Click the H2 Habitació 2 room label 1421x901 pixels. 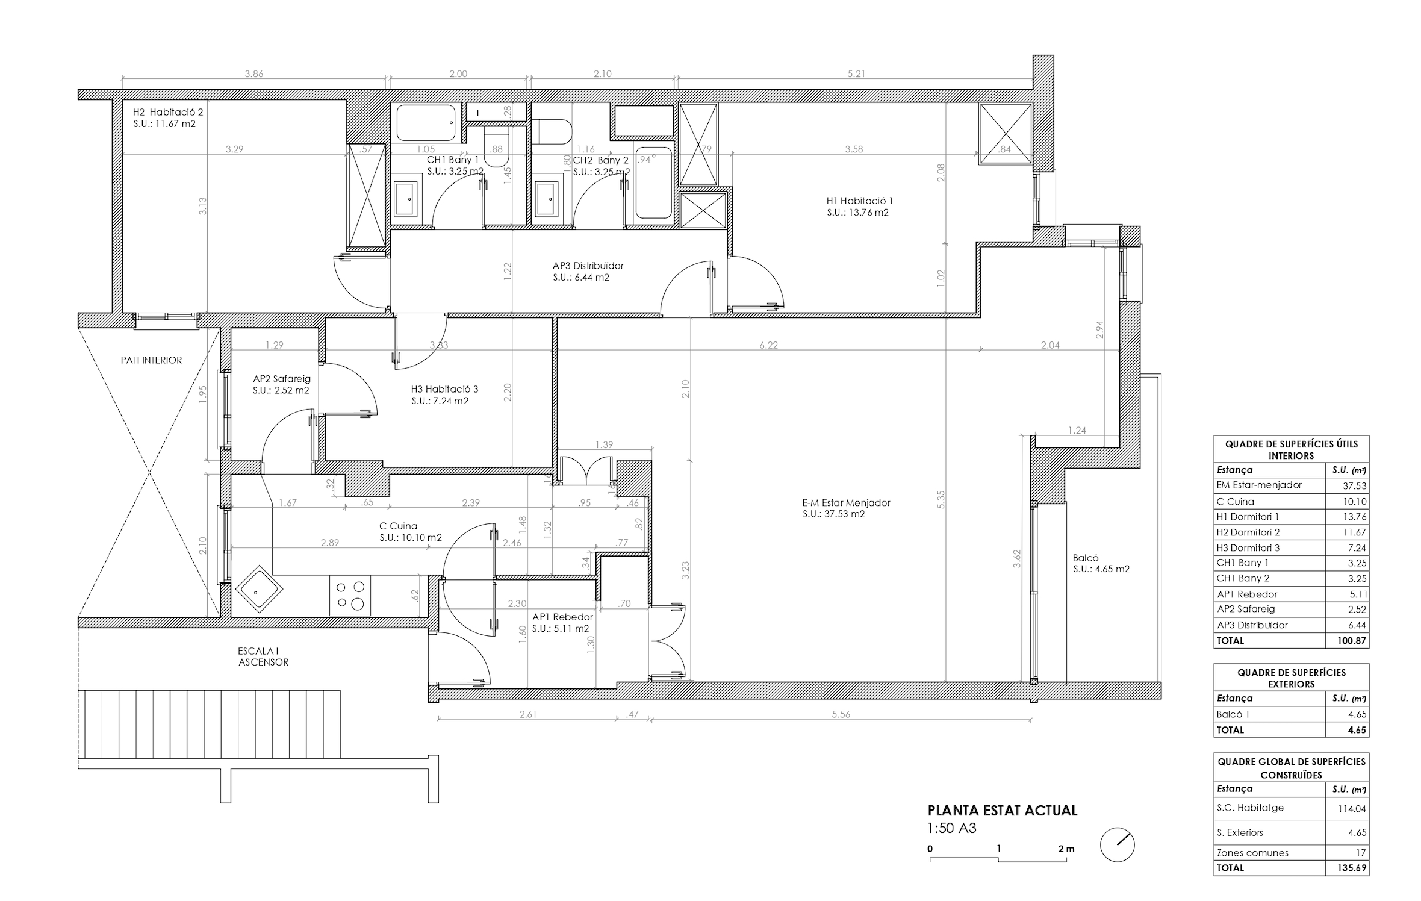pos(168,112)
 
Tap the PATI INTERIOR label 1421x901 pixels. pos(151,360)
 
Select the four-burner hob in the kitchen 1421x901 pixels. pos(350,595)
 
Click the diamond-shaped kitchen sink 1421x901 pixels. pos(259,589)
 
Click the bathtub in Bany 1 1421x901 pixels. pos(426,122)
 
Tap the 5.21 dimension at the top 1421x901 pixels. pos(856,74)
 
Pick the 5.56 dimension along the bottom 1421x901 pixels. pos(841,714)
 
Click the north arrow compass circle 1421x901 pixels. pos(1117,845)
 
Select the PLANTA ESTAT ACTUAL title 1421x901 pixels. pos(1003,811)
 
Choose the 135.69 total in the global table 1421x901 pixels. pos(1352,868)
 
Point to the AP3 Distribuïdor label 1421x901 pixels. pos(588,266)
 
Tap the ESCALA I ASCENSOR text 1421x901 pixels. pos(263,656)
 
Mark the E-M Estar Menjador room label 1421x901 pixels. pos(846,503)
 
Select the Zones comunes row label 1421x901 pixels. pos(1253,853)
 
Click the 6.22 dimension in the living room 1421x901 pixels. pos(769,345)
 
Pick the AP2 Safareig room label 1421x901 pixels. pos(282,379)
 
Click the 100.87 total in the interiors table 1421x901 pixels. pos(1352,641)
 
